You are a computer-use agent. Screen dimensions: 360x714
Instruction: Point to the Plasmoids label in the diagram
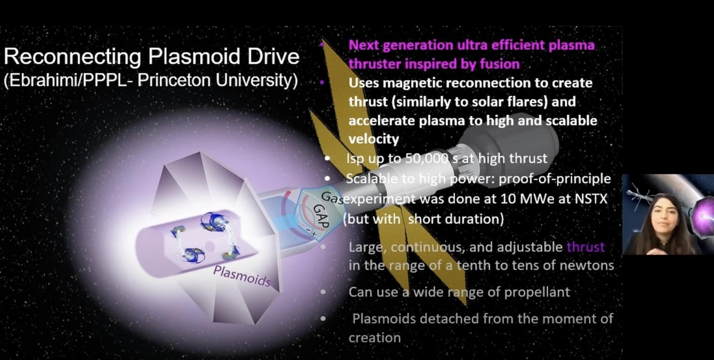pyautogui.click(x=242, y=276)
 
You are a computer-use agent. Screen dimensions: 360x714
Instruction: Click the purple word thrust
pyautogui.click(x=586, y=247)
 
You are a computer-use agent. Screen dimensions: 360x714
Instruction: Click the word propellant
pyautogui.click(x=537, y=292)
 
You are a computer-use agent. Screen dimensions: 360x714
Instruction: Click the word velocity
pyautogui.click(x=373, y=139)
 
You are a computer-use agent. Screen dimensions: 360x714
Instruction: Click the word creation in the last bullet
pyautogui.click(x=374, y=338)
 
